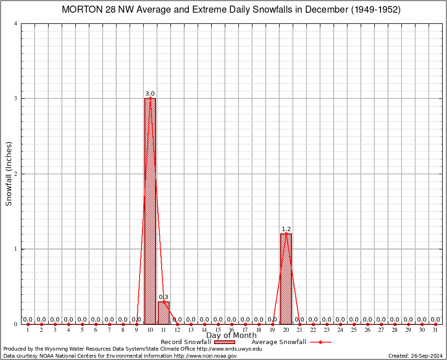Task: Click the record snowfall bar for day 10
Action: (150, 211)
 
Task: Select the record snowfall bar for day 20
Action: (286, 279)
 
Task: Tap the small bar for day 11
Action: (164, 313)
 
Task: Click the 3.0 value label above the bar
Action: (150, 94)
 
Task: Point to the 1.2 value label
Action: (286, 229)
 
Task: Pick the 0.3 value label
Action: (164, 297)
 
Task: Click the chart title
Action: (231, 10)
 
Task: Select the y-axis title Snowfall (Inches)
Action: (8, 174)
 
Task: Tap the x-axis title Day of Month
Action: (231, 336)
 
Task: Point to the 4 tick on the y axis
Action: (16, 23)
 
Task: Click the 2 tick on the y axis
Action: (16, 174)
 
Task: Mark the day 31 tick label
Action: (436, 330)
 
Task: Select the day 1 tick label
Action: (28, 330)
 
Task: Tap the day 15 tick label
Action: (218, 330)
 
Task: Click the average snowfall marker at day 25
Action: (354, 324)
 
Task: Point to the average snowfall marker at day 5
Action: (82, 324)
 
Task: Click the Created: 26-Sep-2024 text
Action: (415, 356)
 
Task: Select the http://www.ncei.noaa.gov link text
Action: (205, 356)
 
